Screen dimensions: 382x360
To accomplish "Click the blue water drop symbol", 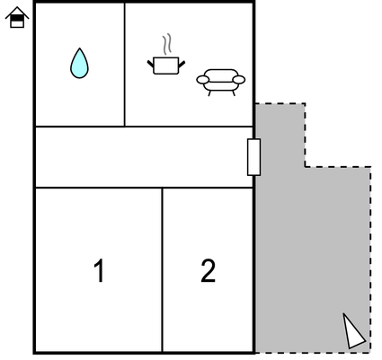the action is click(79, 64).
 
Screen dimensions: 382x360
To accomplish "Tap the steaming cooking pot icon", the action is click(166, 57).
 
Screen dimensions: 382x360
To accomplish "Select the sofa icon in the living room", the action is click(221, 82).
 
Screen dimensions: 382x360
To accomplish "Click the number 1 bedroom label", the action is click(99, 270).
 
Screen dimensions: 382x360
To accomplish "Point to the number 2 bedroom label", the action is click(208, 270).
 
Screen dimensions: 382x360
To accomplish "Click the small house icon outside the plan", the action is click(17, 17).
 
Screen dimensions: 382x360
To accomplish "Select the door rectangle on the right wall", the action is click(253, 157).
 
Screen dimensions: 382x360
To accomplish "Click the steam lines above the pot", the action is click(167, 44).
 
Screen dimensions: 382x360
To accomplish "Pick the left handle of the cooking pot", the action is click(150, 64).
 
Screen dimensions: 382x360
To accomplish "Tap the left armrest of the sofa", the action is click(203, 80).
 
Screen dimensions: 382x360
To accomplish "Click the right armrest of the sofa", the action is click(239, 80).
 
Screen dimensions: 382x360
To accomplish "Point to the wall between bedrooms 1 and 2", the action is click(162, 270).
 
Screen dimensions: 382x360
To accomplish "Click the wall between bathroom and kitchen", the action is click(125, 65).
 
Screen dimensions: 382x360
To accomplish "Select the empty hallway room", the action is click(144, 157).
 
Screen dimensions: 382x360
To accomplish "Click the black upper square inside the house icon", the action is click(17, 18).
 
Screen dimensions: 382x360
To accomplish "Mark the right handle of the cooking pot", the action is click(182, 64).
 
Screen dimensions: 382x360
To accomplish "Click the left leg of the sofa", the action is click(209, 93).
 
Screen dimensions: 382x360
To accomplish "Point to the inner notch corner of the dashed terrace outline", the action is click(305, 167).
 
